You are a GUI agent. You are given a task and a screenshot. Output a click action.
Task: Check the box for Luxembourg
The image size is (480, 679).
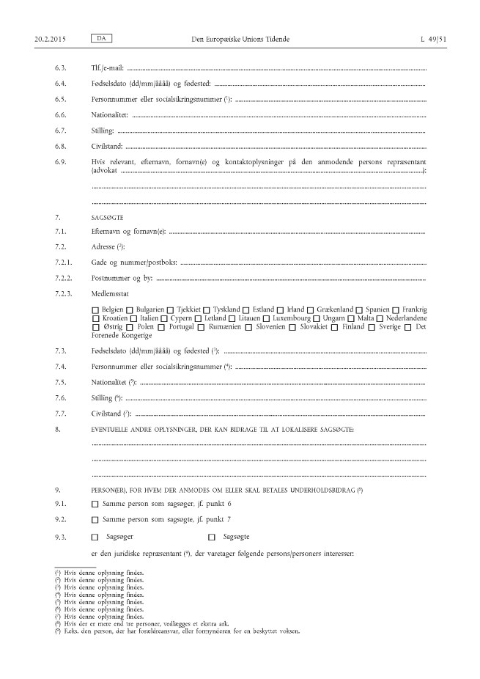pyautogui.click(x=276, y=319)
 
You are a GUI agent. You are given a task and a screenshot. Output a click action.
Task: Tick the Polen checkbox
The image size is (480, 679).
pyautogui.click(x=130, y=328)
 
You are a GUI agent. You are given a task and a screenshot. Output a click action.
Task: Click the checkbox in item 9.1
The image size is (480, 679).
pyautogui.click(x=95, y=504)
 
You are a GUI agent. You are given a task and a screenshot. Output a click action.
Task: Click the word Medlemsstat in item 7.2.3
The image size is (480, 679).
pyautogui.click(x=109, y=294)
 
